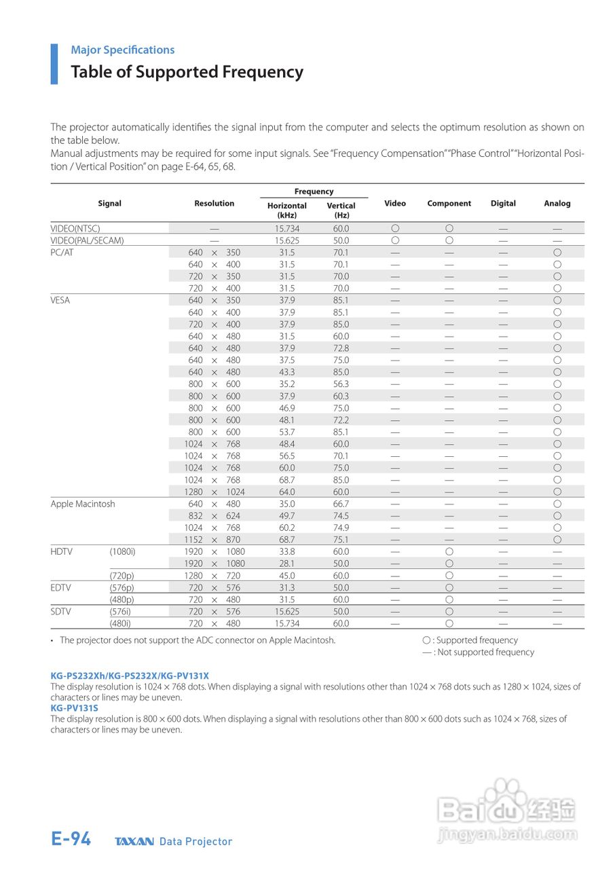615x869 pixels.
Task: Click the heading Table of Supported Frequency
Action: click(187, 72)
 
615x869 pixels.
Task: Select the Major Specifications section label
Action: click(122, 50)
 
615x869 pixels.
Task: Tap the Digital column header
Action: click(503, 203)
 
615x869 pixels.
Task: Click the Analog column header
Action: click(557, 203)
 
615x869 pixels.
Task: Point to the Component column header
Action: click(449, 203)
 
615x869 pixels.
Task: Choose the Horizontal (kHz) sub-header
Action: click(287, 210)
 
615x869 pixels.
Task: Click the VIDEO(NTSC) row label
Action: click(75, 229)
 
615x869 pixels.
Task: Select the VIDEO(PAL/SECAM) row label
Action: click(87, 240)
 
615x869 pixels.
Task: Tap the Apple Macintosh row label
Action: click(83, 504)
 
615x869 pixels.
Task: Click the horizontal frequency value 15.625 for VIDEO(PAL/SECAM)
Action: click(287, 240)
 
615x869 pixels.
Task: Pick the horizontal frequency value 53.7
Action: click(287, 432)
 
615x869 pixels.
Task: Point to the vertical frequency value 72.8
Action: click(341, 348)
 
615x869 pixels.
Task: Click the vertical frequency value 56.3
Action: click(341, 384)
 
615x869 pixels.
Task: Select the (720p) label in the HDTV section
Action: click(122, 576)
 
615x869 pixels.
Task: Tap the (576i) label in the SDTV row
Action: click(122, 612)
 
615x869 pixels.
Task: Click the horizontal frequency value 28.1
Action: click(287, 563)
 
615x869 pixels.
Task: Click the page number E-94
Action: click(71, 839)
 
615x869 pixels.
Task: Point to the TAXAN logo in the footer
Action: click(134, 842)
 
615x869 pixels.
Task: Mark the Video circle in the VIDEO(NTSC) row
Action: click(395, 229)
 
